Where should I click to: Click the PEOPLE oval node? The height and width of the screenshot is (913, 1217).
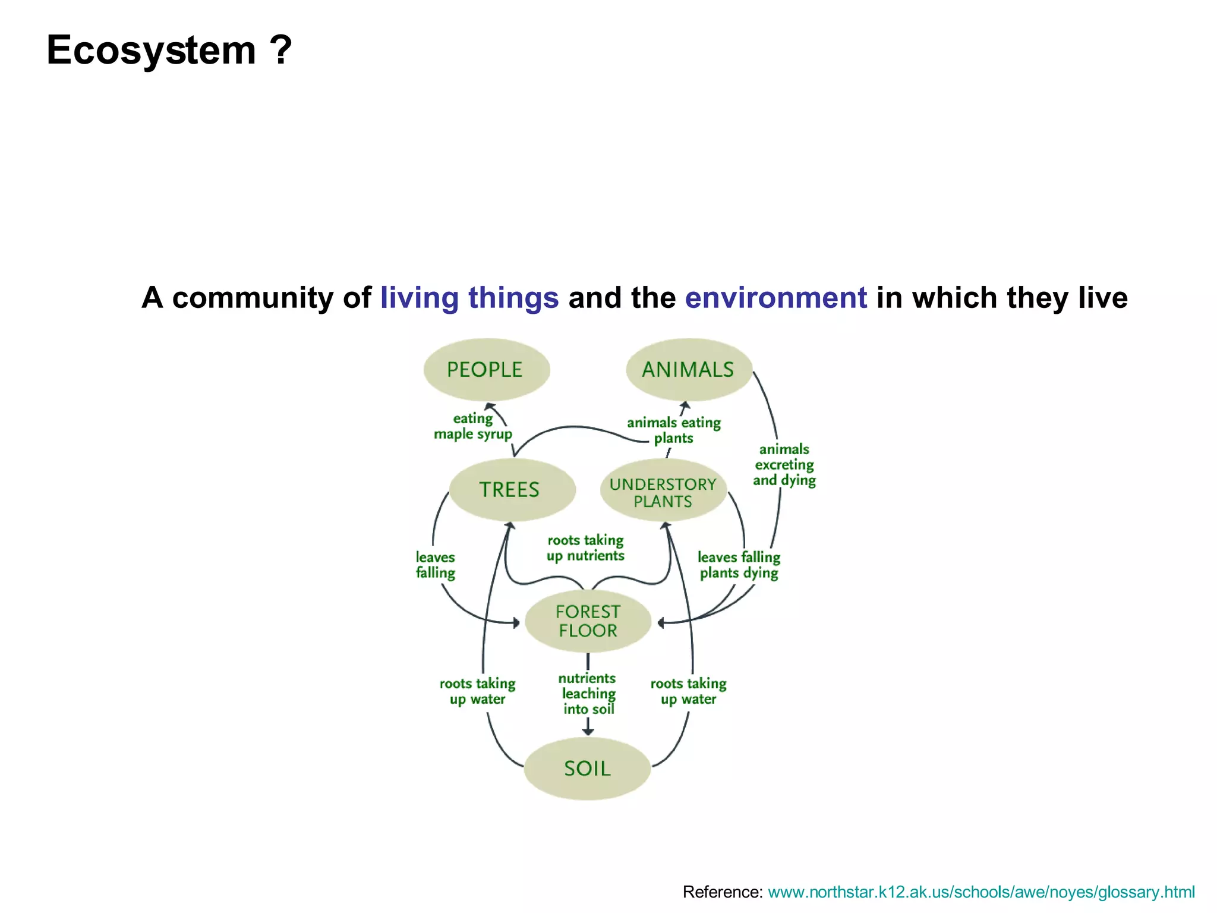click(486, 370)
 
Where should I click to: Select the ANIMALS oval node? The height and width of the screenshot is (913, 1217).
click(689, 370)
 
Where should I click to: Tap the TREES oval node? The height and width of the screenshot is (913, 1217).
click(511, 490)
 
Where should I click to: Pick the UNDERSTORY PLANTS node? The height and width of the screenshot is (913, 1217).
click(663, 492)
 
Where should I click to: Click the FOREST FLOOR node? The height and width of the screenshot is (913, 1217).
click(588, 621)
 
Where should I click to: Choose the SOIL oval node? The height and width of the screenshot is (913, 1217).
click(587, 769)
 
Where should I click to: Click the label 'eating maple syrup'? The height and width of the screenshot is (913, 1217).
click(473, 426)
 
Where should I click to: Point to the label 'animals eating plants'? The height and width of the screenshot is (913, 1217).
click(674, 430)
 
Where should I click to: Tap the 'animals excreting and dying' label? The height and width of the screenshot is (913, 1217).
click(784, 465)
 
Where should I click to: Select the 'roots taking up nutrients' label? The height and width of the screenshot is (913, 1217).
click(585, 548)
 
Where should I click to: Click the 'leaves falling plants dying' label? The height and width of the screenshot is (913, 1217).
click(739, 565)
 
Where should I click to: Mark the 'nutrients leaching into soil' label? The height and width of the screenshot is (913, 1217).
click(588, 694)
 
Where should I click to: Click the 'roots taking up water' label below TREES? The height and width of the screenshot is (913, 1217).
click(477, 691)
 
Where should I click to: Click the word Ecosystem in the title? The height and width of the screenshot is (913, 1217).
click(151, 51)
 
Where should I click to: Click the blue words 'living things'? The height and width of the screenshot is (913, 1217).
click(469, 298)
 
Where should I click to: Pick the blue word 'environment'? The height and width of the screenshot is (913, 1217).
click(775, 298)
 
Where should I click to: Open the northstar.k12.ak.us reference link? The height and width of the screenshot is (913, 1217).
click(981, 892)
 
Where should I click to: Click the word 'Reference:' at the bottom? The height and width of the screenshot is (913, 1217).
click(722, 892)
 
